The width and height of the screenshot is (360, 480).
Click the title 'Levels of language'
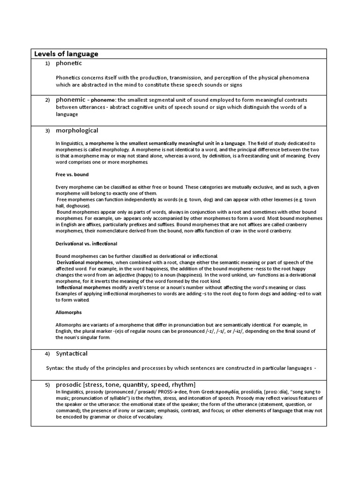click(x=66, y=54)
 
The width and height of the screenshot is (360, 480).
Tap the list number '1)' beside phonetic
click(x=47, y=63)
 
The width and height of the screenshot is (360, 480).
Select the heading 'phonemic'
click(x=70, y=100)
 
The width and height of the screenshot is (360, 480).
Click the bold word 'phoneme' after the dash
click(x=103, y=100)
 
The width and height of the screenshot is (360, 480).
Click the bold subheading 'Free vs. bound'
click(x=72, y=174)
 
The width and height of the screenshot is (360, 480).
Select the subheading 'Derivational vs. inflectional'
click(x=86, y=244)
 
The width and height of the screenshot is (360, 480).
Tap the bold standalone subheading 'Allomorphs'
click(x=68, y=312)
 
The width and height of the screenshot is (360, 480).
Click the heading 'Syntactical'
click(x=72, y=353)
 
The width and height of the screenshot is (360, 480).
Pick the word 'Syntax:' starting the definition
click(x=55, y=368)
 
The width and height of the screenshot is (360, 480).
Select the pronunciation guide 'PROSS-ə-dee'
click(x=170, y=391)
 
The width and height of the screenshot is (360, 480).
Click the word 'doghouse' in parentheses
click(x=77, y=205)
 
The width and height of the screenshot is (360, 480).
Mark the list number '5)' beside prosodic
click(x=47, y=385)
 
